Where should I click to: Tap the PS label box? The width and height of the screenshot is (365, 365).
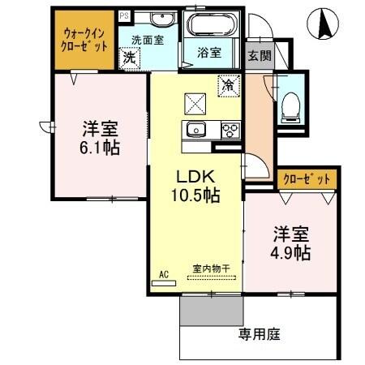coord(123,15)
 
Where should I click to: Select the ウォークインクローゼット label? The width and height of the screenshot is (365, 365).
coord(85,39)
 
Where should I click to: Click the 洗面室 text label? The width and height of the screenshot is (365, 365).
coord(148,37)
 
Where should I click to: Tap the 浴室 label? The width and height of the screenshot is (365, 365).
coord(209,54)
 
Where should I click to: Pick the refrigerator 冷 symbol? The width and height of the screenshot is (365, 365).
coord(229,84)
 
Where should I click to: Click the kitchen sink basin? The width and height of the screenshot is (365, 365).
coord(196,130)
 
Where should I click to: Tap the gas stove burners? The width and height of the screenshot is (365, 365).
coord(229,130)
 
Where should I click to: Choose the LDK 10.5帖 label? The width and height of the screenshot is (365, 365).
coord(195,186)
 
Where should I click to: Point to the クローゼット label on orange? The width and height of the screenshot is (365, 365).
coord(307,180)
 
